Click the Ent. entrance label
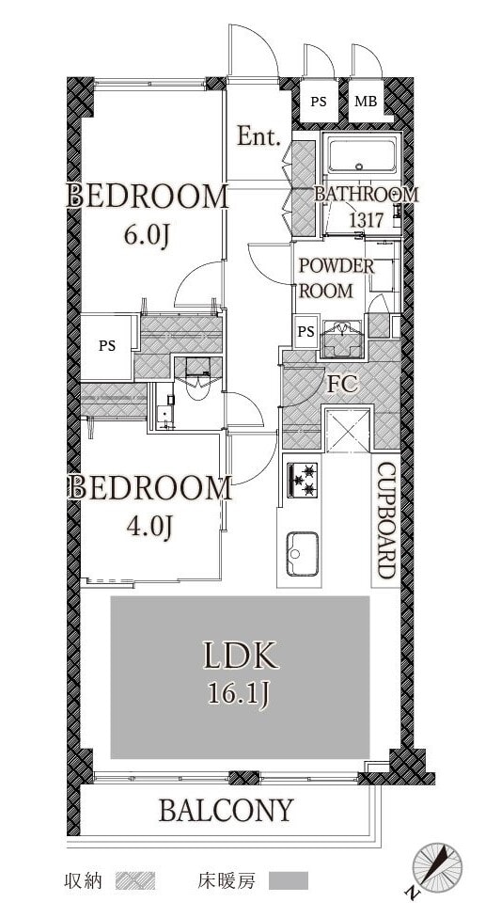tap(258, 137)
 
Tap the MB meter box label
tap(366, 102)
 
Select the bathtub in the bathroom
tap(361, 155)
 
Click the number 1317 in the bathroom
tap(366, 221)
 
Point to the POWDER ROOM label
tap(336, 278)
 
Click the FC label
tap(342, 384)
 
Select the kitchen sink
tap(302, 554)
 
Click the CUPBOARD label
tap(385, 520)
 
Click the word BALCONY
tap(226, 810)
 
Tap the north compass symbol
tap(437, 867)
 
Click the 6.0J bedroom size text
tap(147, 235)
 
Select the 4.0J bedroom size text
tap(149, 527)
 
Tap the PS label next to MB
tap(319, 102)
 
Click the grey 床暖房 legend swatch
tap(289, 880)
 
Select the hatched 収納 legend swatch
tap(135, 880)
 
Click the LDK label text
tap(241, 657)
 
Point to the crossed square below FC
tap(348, 431)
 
